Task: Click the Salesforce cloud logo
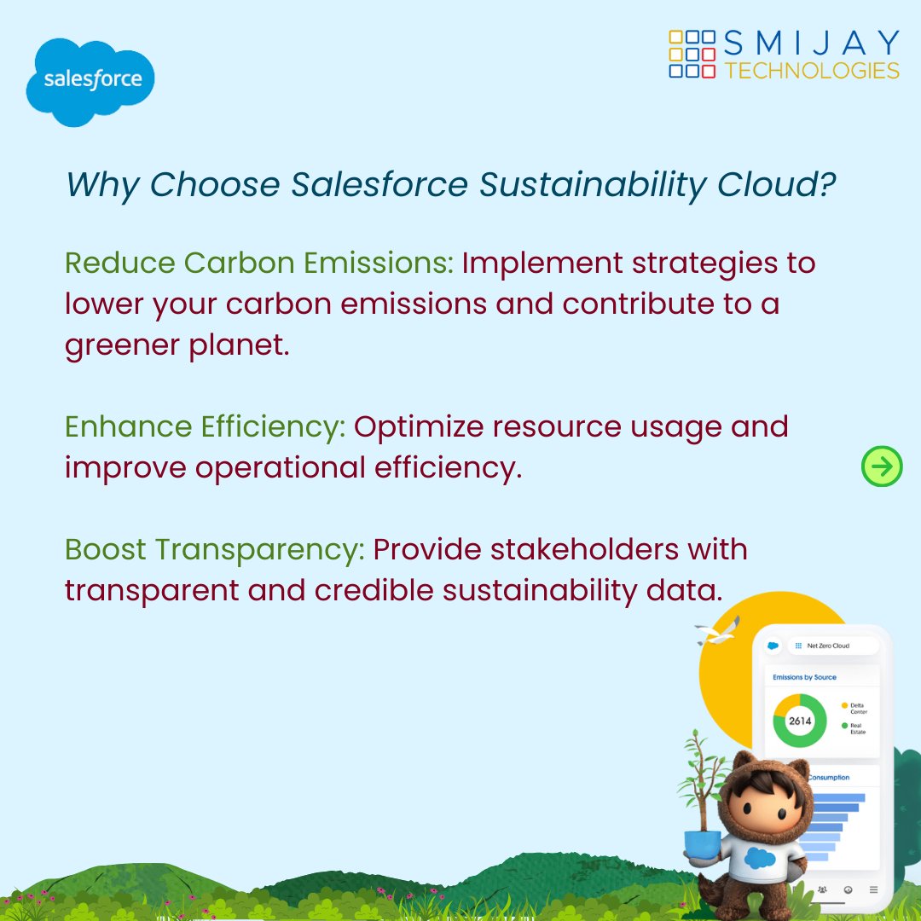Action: tap(90, 82)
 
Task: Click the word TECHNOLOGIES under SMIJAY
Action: tap(812, 71)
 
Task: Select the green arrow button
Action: tap(882, 466)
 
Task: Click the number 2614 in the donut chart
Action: tap(800, 721)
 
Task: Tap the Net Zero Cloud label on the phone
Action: tap(828, 646)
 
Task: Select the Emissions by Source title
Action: tap(804, 677)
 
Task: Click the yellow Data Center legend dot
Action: tap(845, 706)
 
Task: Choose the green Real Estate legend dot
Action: tap(845, 726)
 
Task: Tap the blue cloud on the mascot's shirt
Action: tap(757, 857)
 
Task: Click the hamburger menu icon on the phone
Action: tap(873, 889)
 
